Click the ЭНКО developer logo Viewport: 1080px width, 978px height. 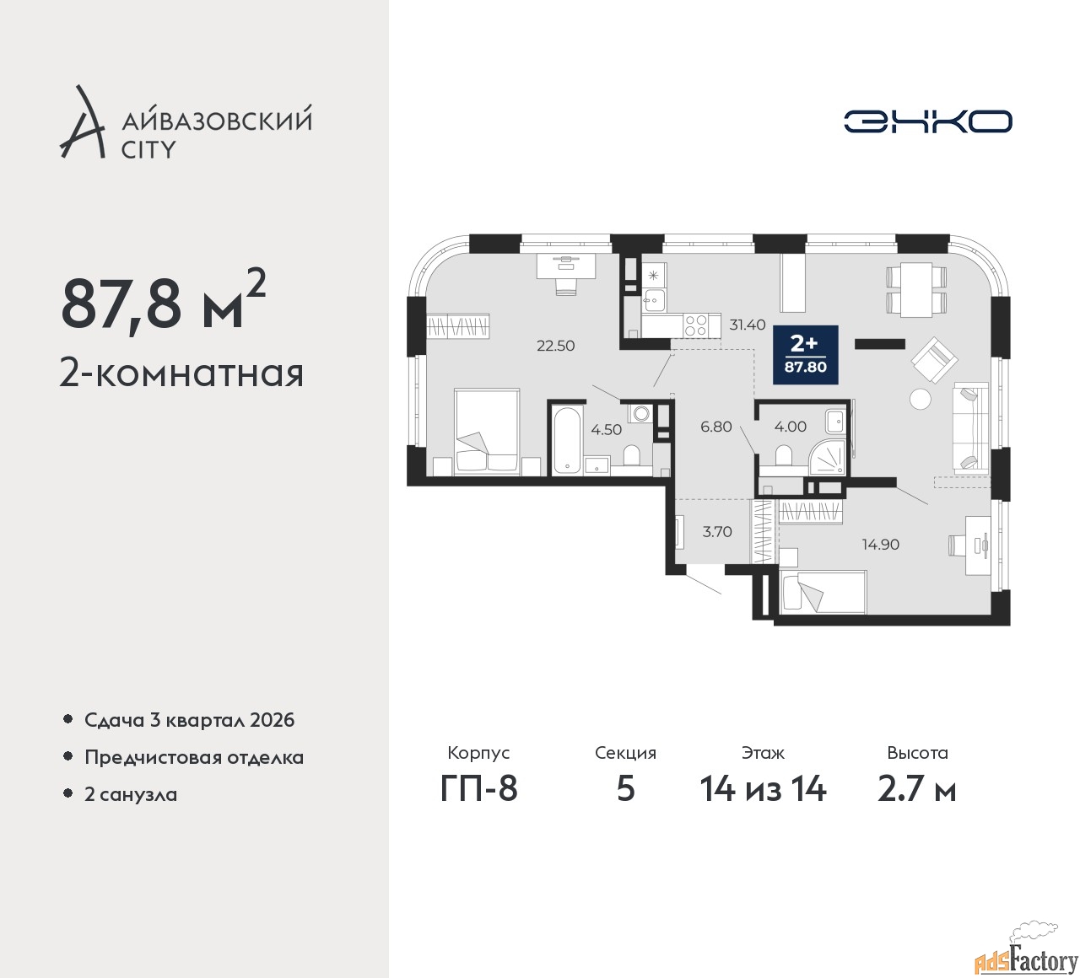pos(927,121)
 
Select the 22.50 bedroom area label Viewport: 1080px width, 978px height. pos(556,346)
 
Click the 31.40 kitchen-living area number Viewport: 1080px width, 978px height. pos(748,325)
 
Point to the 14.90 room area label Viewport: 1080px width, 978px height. pos(881,545)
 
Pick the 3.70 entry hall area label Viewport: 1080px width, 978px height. pos(717,531)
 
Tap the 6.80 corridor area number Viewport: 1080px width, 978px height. pos(716,427)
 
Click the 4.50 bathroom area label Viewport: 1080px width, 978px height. pos(606,429)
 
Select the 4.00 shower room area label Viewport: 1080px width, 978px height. pos(791,427)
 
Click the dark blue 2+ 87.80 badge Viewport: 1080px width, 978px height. pos(806,355)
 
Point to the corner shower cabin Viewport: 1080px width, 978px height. pos(827,457)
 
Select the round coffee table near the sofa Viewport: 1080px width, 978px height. pos(920,399)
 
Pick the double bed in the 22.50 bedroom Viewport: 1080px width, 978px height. pos(487,432)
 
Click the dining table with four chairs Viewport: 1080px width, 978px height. pos(917,290)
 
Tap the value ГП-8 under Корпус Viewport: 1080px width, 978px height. pos(478,790)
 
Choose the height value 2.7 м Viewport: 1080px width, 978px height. pos(917,790)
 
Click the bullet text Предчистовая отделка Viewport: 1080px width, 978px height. pos(194,757)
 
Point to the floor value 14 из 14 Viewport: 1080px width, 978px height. pos(763,790)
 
